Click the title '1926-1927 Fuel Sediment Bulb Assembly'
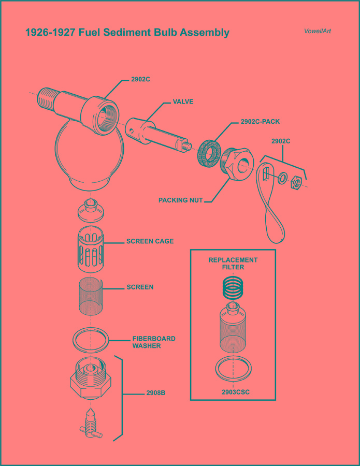coord(127,33)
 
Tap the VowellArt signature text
coord(318,31)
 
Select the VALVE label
coord(183,102)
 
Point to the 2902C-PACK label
coord(260,122)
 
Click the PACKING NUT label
coord(180,200)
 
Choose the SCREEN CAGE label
coord(150,241)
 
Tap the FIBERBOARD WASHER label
coord(153,342)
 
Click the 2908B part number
coord(155,393)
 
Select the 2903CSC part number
coord(235,392)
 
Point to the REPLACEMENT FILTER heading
coord(233,264)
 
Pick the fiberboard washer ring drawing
coord(91,340)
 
